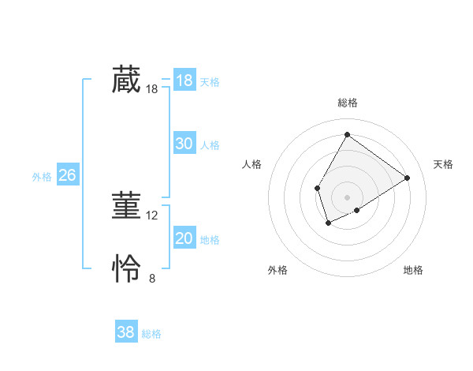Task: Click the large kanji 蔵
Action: point(125,81)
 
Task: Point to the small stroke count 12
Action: point(152,215)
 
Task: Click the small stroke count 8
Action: point(152,278)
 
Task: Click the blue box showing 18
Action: point(184,81)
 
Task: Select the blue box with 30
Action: point(184,144)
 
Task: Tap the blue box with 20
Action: point(184,238)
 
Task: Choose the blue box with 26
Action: point(67,175)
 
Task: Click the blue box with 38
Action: point(125,332)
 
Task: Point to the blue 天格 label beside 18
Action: point(210,81)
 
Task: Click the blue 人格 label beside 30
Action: point(210,144)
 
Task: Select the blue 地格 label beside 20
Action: point(210,239)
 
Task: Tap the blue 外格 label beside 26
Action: point(42,177)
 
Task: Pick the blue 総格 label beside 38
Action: point(151,334)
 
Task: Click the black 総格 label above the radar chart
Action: point(347,103)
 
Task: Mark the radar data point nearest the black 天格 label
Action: point(407,178)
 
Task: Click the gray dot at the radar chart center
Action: point(347,197)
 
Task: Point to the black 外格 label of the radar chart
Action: point(277,270)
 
